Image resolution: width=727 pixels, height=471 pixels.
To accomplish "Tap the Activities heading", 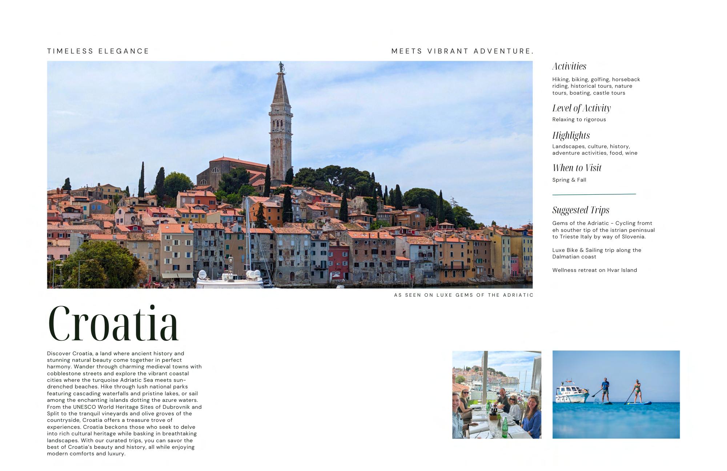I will point(569,66).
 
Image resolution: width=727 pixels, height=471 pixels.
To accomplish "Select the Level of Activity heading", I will point(581,108).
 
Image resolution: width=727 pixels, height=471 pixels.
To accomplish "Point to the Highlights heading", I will point(571,135).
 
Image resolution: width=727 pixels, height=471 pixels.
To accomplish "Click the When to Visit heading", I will point(577,168).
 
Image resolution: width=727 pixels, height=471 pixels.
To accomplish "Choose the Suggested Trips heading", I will point(581,210).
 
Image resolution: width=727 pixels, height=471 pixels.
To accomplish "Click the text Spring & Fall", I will point(569,180).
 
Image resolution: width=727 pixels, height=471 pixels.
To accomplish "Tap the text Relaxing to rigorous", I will point(579,119).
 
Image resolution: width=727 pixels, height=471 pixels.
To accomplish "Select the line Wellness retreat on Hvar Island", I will point(594,270).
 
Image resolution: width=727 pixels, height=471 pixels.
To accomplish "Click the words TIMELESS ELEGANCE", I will point(98,51).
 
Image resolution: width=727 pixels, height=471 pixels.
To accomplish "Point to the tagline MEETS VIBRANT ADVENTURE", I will point(462,51).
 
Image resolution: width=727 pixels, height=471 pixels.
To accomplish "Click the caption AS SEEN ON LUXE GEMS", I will point(463,295).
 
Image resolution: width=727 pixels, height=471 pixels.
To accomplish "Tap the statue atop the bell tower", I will point(281,67).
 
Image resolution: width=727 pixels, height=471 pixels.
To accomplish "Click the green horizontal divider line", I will point(594,194).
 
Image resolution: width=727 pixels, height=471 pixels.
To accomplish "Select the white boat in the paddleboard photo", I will point(572,393).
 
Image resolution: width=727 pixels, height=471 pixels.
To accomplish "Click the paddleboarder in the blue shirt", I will point(605,389).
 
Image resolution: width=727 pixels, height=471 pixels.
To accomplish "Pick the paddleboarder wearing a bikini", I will point(637,391).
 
